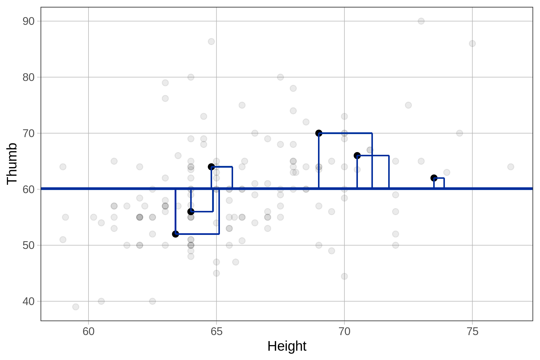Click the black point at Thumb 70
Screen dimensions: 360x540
[x=319, y=133]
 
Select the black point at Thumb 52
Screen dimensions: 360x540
[x=175, y=234]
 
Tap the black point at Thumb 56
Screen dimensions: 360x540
[x=191, y=212]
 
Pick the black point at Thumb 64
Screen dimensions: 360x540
[x=211, y=167]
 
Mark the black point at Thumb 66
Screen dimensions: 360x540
[x=357, y=155]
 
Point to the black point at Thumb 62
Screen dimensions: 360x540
[x=434, y=178]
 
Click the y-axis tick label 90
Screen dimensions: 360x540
[x=28, y=21]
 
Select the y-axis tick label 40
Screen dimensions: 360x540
[x=28, y=301]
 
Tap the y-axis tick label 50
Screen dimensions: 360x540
[x=28, y=245]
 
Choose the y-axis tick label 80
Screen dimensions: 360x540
[x=28, y=77]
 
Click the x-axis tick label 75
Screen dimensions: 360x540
[x=472, y=332]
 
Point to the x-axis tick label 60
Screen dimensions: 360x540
[x=88, y=332]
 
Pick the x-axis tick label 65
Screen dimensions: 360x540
[x=216, y=332]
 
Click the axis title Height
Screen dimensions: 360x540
[x=287, y=346]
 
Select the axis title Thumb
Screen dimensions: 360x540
[x=12, y=163]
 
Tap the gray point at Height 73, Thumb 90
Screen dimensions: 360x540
[x=421, y=21]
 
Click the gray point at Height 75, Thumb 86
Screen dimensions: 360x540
[x=472, y=43]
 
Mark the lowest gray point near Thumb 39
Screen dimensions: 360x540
[x=76, y=307]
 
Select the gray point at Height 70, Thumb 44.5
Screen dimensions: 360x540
[x=344, y=276]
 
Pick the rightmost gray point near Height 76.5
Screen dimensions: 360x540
[x=511, y=167]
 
